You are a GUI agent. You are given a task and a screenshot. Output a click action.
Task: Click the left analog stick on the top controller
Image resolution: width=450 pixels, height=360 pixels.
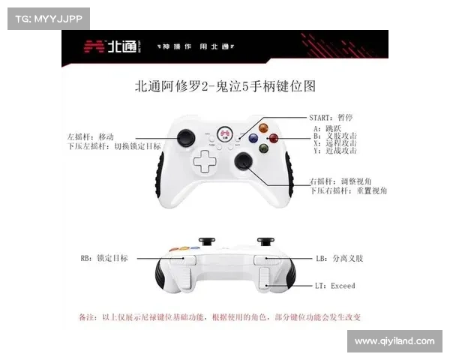[184, 138]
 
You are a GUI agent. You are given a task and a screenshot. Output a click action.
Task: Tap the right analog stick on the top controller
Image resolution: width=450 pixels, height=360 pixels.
[243, 161]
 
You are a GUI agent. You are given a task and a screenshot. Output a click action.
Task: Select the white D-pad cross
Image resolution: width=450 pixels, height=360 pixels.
[202, 161]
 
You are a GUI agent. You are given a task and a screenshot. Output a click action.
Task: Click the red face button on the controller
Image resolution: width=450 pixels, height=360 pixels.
[274, 138]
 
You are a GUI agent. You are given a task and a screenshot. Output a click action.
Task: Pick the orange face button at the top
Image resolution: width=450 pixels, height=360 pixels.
[263, 127]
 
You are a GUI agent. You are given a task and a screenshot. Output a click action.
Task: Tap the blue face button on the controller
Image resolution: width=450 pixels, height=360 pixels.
[253, 138]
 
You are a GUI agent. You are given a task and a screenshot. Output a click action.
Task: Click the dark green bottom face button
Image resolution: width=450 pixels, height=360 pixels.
[263, 148]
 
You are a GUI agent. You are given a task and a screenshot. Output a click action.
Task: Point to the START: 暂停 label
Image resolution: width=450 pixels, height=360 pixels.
[331, 118]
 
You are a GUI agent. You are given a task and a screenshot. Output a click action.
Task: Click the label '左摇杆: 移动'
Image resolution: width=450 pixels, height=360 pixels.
[89, 136]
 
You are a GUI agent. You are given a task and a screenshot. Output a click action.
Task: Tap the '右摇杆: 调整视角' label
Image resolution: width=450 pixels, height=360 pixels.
[343, 182]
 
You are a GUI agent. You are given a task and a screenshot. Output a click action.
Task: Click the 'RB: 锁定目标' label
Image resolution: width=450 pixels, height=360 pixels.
[104, 258]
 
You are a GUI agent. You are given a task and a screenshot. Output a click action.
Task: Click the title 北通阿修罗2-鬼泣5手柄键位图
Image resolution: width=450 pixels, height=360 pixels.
[225, 87]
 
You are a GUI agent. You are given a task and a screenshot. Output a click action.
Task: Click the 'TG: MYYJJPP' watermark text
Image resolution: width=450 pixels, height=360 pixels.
[48, 18]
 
